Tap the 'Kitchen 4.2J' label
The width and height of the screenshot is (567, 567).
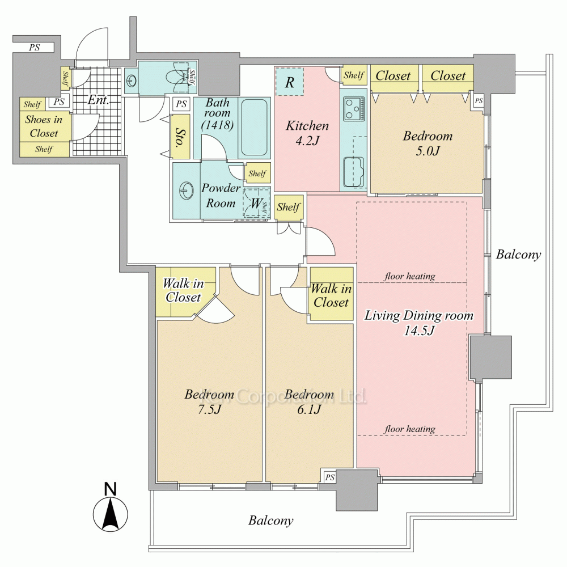(x=307, y=133)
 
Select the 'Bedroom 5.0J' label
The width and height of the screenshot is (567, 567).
(x=428, y=143)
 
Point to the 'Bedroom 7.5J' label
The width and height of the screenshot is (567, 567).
(x=209, y=401)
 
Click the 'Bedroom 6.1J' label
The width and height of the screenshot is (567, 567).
(x=309, y=401)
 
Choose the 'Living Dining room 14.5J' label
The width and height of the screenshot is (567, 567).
(x=418, y=323)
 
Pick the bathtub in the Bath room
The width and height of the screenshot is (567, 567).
(x=255, y=128)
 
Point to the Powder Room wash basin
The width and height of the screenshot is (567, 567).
(x=187, y=191)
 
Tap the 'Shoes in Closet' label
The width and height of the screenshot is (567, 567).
(x=44, y=126)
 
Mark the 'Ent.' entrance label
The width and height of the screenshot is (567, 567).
(x=98, y=101)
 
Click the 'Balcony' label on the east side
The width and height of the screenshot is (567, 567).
(x=518, y=255)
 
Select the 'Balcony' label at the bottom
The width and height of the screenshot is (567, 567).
(x=270, y=520)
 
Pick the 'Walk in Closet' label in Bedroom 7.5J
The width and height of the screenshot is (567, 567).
(x=182, y=290)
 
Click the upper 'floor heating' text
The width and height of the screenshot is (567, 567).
(x=409, y=276)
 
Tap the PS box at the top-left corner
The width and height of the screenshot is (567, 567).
(x=35, y=48)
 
